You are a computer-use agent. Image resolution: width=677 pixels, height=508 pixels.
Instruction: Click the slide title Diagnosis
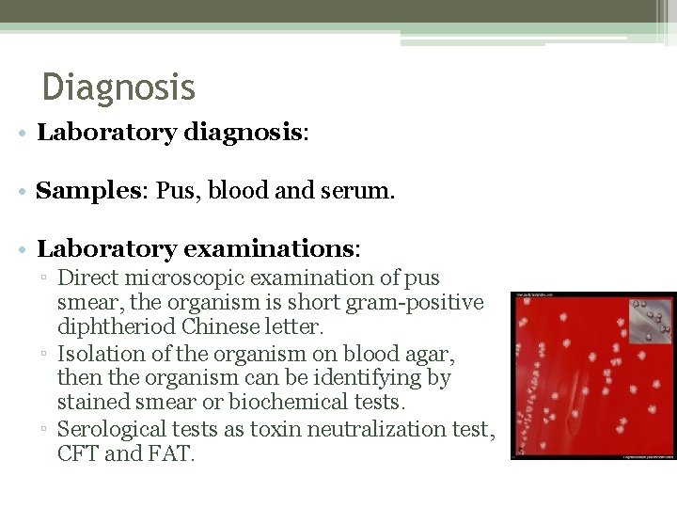(x=118, y=87)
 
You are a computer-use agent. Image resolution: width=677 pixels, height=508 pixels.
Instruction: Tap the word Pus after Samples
(x=174, y=191)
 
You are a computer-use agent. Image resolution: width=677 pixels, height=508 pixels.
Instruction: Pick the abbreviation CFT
(x=77, y=454)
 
